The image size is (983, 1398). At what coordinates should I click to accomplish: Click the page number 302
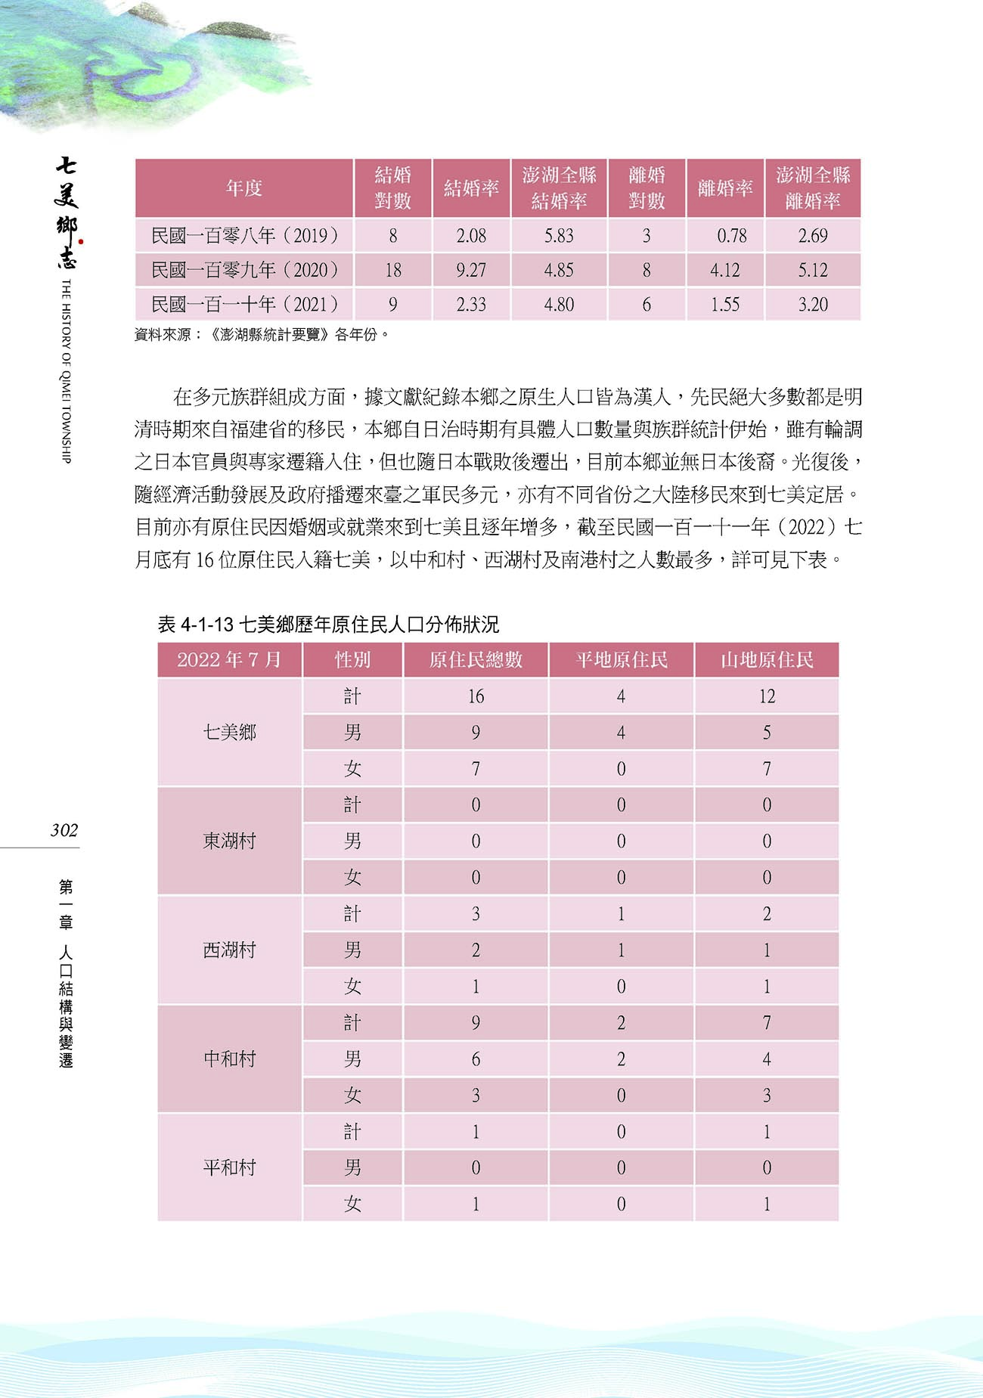click(64, 830)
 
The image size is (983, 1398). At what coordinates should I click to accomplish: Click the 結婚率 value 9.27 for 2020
click(471, 270)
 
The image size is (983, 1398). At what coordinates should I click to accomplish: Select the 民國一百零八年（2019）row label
click(244, 236)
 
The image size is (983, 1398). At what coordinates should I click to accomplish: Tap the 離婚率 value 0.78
click(731, 236)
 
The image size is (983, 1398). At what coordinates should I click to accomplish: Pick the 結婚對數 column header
click(392, 188)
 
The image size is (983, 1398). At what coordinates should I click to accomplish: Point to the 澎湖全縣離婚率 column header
click(813, 188)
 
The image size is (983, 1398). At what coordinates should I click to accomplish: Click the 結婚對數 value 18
click(392, 270)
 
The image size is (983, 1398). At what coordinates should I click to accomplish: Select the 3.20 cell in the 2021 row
click(813, 305)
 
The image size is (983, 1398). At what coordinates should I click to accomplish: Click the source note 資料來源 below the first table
click(261, 334)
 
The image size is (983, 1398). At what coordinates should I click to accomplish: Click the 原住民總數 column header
click(476, 660)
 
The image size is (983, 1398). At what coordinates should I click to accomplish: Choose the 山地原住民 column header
click(766, 660)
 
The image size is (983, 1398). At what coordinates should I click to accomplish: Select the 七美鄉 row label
click(229, 732)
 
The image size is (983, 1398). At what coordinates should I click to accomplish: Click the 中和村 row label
click(229, 1059)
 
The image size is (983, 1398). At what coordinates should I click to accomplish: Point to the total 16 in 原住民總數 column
click(476, 696)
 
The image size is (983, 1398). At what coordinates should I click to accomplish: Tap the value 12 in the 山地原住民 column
click(766, 696)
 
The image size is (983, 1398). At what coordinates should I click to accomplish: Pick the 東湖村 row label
click(229, 841)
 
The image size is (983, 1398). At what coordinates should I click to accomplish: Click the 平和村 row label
click(229, 1167)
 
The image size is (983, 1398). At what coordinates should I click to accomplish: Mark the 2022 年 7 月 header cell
click(229, 660)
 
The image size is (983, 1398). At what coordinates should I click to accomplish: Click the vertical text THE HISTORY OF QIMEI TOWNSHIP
click(66, 370)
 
